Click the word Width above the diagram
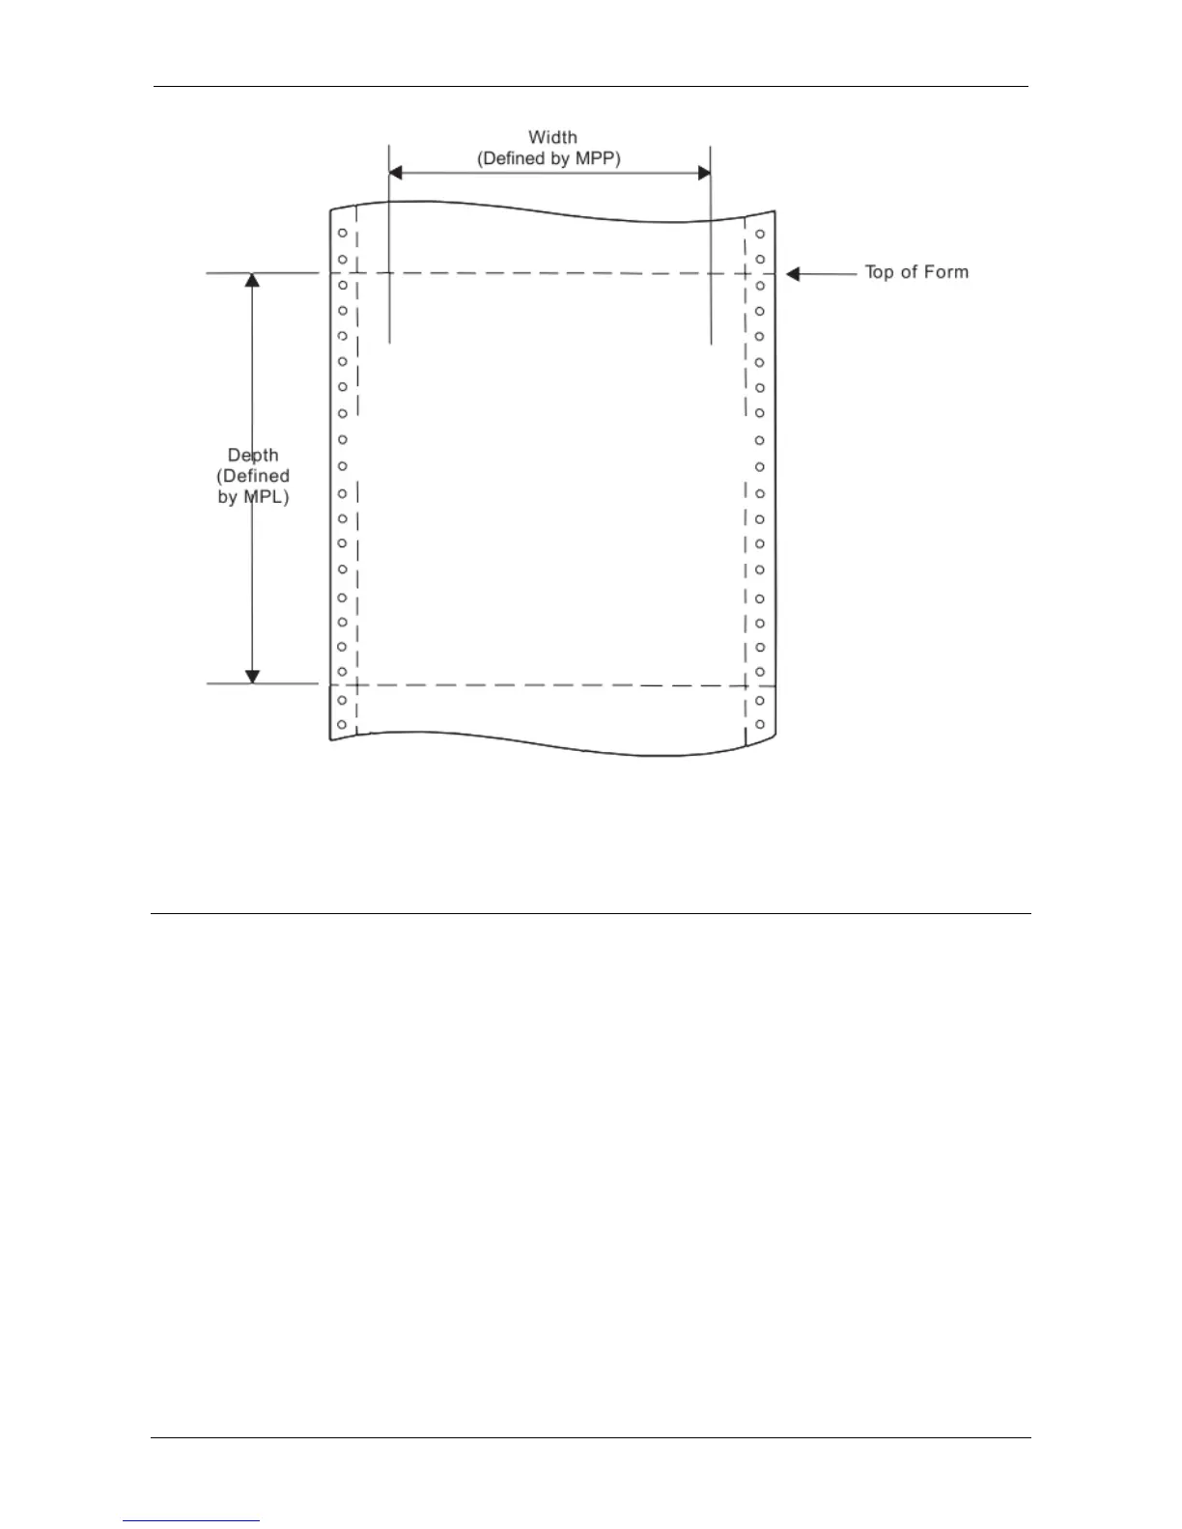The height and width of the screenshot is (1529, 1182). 552,138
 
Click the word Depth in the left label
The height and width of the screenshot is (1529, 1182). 253,455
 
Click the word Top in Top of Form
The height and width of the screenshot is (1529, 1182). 879,272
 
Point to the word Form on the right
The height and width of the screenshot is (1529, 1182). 946,272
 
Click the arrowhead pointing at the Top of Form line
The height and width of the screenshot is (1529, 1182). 793,274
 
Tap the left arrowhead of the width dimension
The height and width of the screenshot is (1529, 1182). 394,173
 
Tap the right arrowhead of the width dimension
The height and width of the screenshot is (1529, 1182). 704,173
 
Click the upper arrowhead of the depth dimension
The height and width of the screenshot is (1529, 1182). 252,280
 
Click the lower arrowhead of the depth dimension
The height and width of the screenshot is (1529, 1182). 252,677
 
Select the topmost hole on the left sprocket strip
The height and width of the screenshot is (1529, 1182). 342,234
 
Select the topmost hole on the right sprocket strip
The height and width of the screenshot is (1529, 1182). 760,235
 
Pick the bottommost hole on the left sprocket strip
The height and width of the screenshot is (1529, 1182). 342,724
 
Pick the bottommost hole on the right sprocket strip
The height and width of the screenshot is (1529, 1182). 760,724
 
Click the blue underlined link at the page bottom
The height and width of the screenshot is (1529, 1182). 192,1520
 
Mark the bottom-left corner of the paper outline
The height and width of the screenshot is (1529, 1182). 331,740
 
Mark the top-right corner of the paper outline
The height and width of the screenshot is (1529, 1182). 774,211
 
